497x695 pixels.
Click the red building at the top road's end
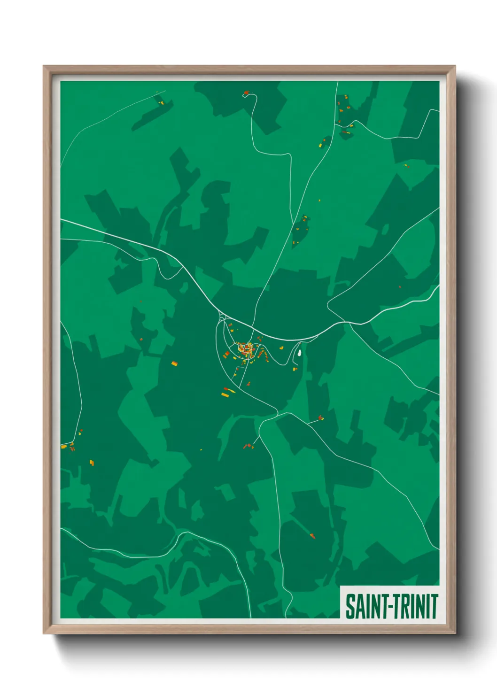[246, 93]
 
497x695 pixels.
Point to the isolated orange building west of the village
[174, 363]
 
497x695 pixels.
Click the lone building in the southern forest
[312, 535]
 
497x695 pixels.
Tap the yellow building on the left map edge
[63, 446]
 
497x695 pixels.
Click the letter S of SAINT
[350, 606]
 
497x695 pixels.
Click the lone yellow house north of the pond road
[281, 348]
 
